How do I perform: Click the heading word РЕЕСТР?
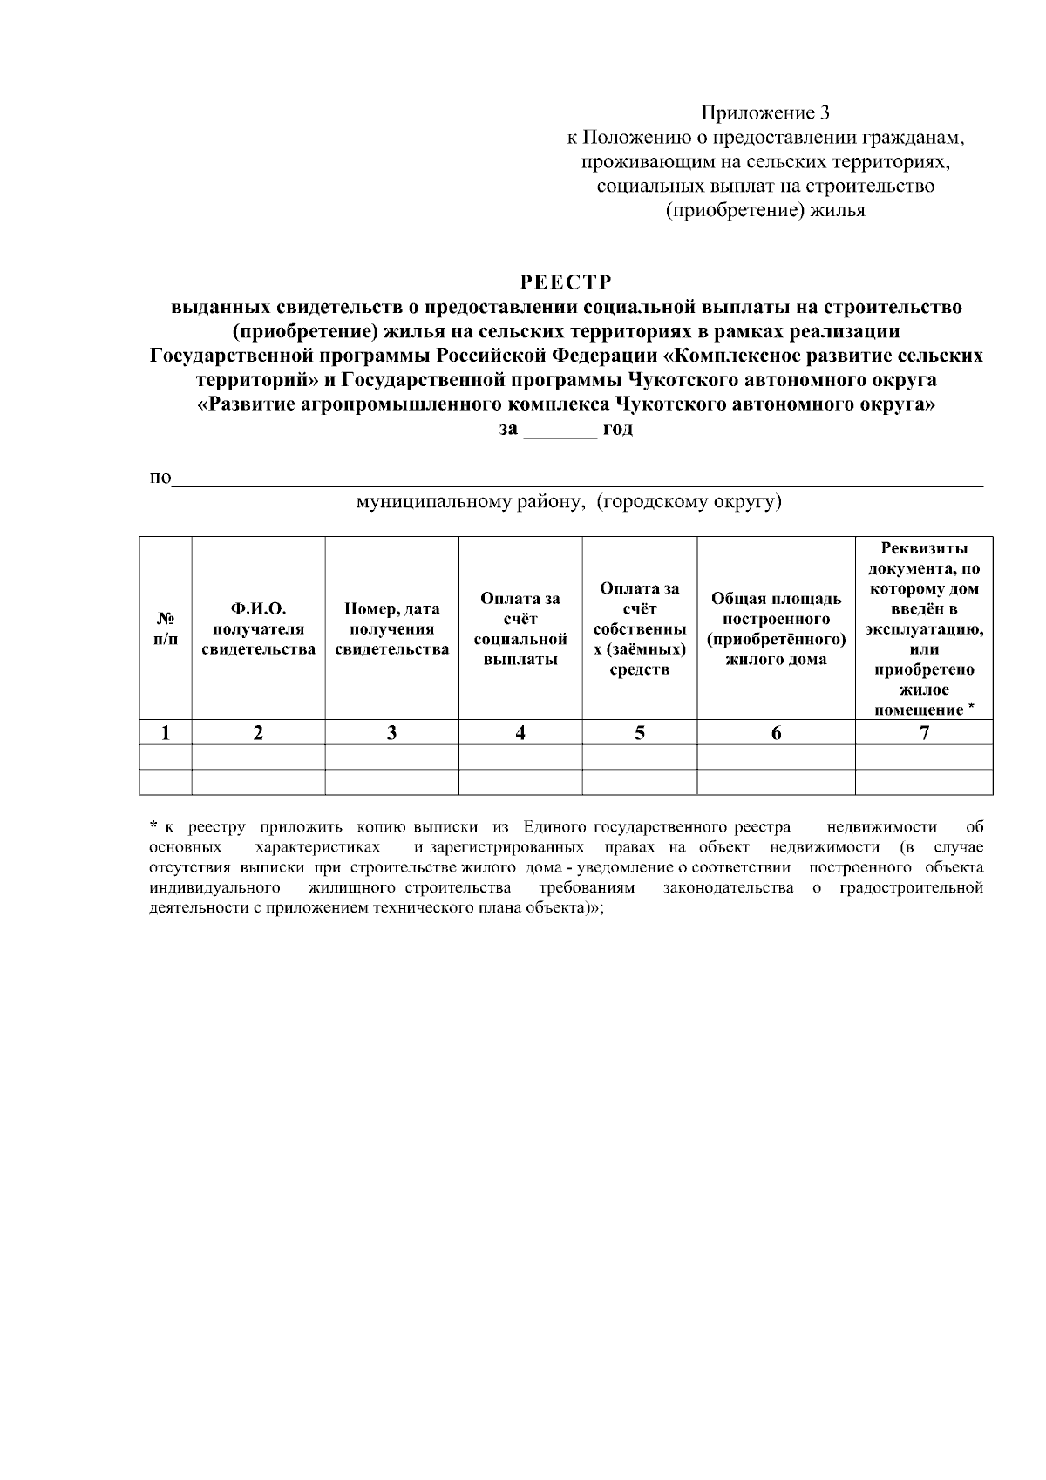click(x=567, y=282)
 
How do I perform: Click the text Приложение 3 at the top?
click(x=766, y=113)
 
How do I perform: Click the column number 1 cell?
click(x=166, y=733)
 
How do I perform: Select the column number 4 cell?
click(x=520, y=733)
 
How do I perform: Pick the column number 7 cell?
click(x=924, y=733)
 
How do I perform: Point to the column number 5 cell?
click(x=639, y=733)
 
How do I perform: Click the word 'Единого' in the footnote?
click(x=554, y=827)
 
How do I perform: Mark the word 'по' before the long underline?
click(x=160, y=479)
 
